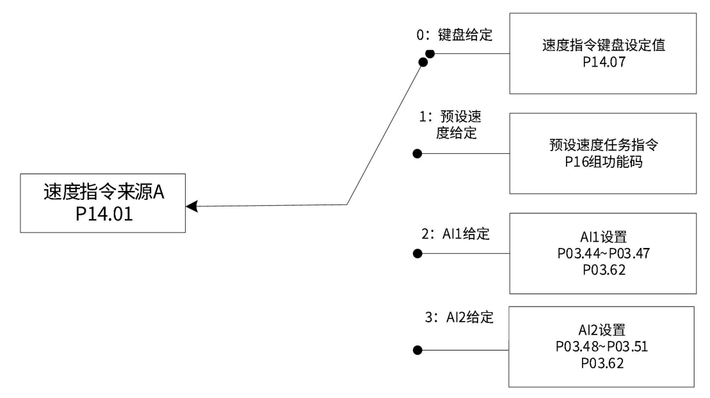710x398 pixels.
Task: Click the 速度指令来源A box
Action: pyautogui.click(x=104, y=203)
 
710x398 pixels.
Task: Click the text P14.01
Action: pyautogui.click(x=104, y=213)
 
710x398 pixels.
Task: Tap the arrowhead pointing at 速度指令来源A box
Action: pyautogui.click(x=191, y=206)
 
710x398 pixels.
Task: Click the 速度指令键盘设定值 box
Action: pyautogui.click(x=601, y=53)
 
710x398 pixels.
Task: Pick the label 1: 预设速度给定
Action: pyautogui.click(x=454, y=128)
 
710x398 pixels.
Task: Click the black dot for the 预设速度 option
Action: pyautogui.click(x=417, y=154)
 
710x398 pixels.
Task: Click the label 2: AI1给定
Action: pyautogui.click(x=455, y=234)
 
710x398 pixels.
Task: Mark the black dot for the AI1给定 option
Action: pyautogui.click(x=417, y=254)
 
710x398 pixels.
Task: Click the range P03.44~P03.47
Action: pyautogui.click(x=601, y=254)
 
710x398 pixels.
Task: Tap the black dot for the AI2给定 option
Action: pyautogui.click(x=417, y=350)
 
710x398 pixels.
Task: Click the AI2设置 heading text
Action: pyautogui.click(x=601, y=334)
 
